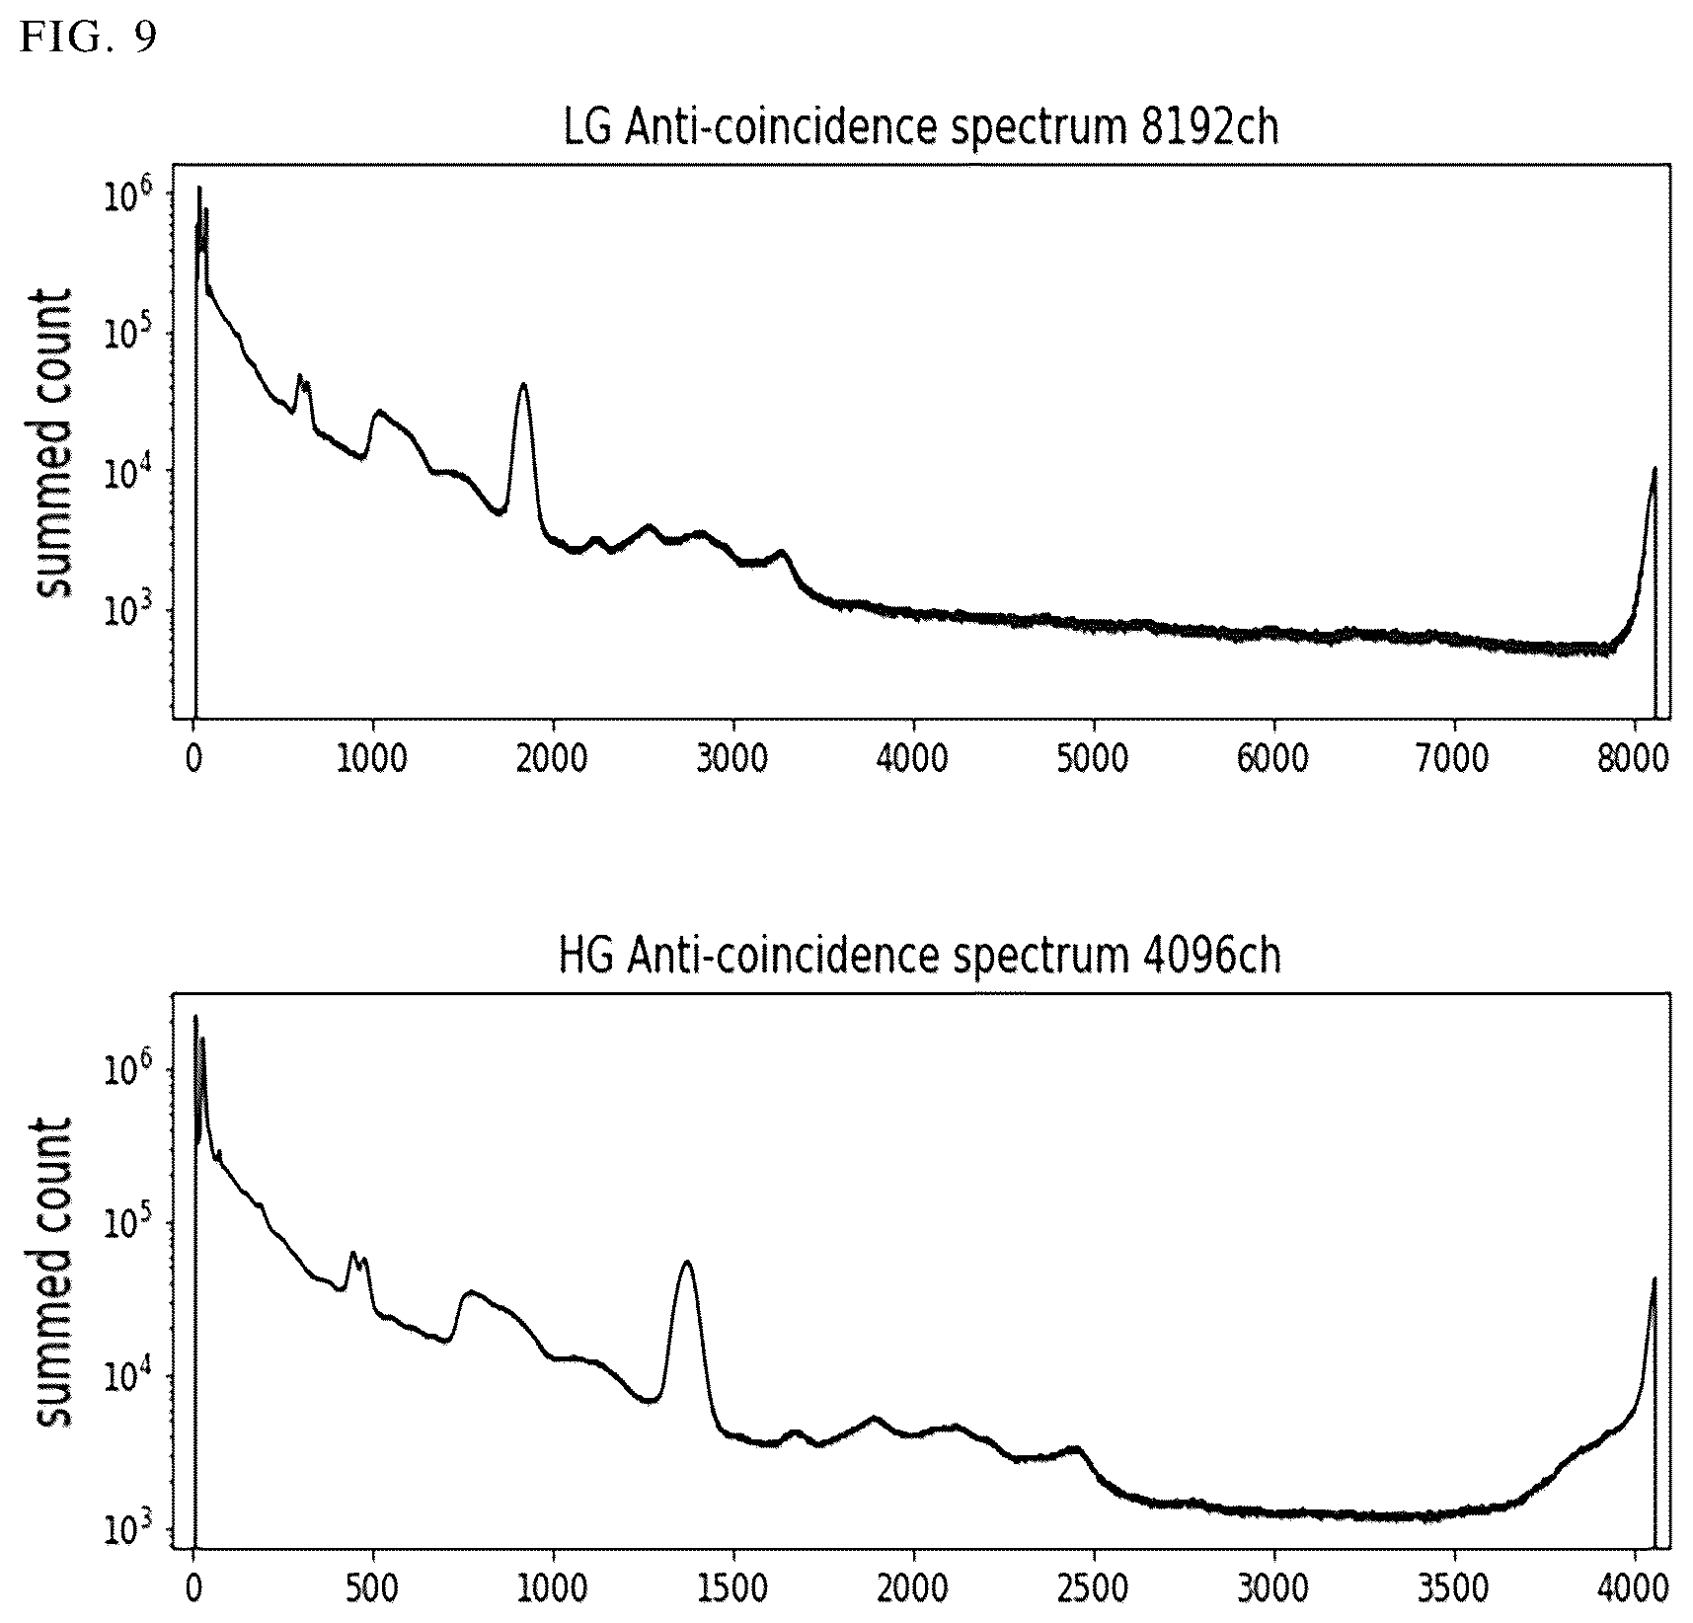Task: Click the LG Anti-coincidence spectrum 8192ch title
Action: tap(920, 128)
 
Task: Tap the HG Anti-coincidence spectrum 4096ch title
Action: tap(920, 957)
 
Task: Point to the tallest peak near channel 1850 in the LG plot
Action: tap(523, 385)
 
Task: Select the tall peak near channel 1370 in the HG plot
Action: tap(687, 1263)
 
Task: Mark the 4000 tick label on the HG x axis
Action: tap(1634, 1588)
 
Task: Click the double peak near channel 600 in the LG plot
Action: tap(304, 381)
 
